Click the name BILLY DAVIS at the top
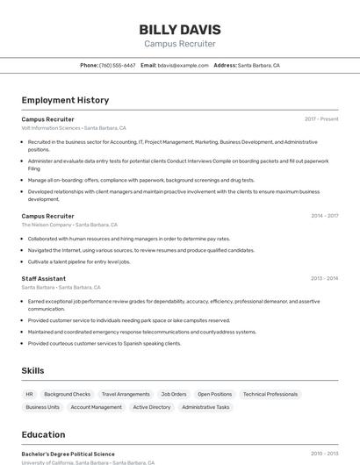(x=180, y=29)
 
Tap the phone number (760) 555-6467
(x=117, y=65)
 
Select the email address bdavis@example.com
(x=184, y=65)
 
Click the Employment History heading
(x=65, y=100)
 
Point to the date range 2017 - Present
(x=321, y=118)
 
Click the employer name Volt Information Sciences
(x=51, y=128)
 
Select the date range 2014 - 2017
(x=324, y=215)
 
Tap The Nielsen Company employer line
(x=47, y=225)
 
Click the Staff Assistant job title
(x=44, y=278)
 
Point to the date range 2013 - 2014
(x=324, y=278)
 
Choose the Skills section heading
(x=32, y=370)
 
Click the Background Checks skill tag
(x=67, y=394)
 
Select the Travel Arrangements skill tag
(x=126, y=394)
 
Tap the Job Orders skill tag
(x=173, y=394)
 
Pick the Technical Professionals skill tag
(x=270, y=394)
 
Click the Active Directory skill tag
(x=152, y=407)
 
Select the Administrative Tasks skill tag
(x=205, y=407)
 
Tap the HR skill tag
(x=30, y=394)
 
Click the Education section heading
(x=43, y=434)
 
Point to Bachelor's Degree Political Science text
(x=68, y=454)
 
